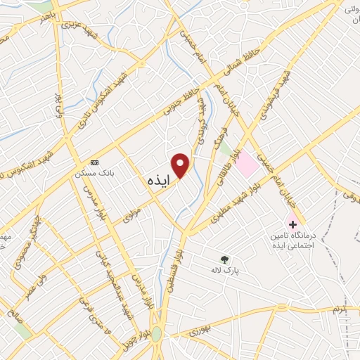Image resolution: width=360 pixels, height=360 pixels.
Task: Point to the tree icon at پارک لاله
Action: pyautogui.click(x=224, y=259)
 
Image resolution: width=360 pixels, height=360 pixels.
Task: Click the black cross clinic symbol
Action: pyautogui.click(x=292, y=224)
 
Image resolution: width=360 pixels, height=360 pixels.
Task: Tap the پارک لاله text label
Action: pyautogui.click(x=226, y=270)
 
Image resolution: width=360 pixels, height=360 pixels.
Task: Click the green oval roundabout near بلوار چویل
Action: pyautogui.click(x=157, y=335)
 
